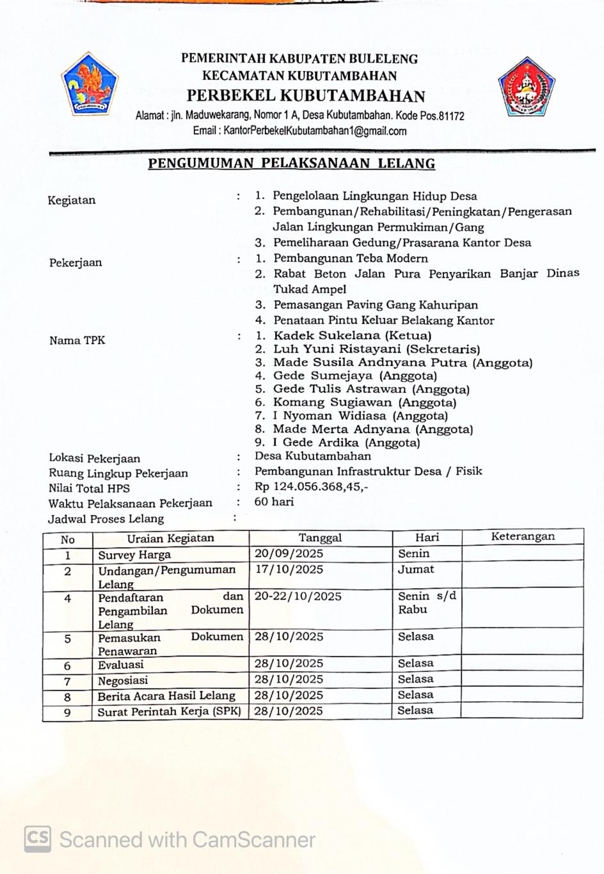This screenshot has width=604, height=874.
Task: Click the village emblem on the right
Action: pos(526,87)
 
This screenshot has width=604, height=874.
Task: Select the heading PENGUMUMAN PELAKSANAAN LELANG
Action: pos(291,163)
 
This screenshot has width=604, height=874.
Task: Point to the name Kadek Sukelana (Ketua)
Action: pos(352,335)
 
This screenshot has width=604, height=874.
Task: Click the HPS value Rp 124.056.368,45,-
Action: pos(311,486)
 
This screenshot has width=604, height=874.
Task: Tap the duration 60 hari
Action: pos(274,502)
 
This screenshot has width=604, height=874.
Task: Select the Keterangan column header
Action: pos(522,537)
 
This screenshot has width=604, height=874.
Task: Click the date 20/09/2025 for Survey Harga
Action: pos(289,553)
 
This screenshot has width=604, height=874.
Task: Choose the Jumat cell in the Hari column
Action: pos(416,569)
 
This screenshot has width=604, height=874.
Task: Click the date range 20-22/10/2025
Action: pos(298,596)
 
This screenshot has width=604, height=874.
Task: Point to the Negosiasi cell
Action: pos(123,680)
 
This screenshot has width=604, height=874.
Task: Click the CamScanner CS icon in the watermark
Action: pos(38,839)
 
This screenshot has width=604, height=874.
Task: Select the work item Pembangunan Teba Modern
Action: pos(351,258)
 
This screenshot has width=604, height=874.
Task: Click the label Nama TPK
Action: pos(77,340)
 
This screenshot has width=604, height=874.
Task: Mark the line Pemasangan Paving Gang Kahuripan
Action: pos(376,305)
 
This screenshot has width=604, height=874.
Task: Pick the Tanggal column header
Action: pos(320,537)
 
